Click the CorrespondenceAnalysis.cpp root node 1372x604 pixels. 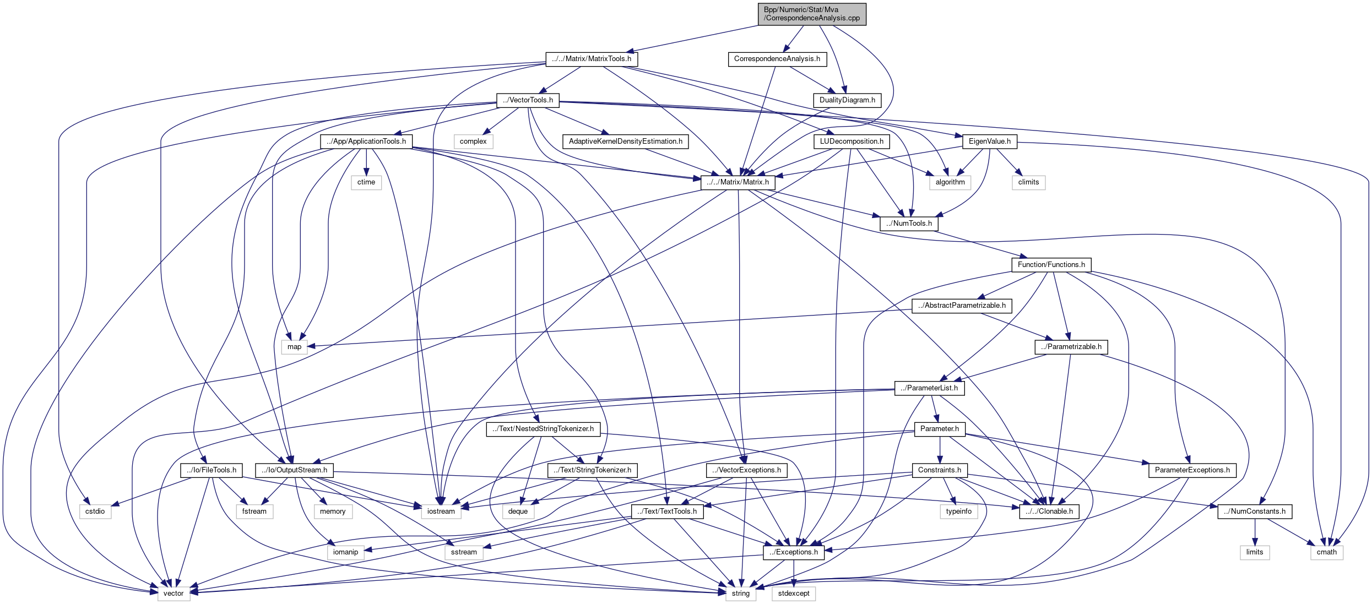pyautogui.click(x=812, y=14)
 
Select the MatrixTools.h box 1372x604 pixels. pyautogui.click(x=592, y=59)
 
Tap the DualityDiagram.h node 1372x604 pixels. pyautogui.click(x=847, y=100)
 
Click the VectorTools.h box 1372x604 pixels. pyautogui.click(x=528, y=100)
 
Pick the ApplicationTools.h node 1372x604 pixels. pyautogui.click(x=366, y=142)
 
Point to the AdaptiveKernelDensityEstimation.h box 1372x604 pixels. pyautogui.click(x=625, y=142)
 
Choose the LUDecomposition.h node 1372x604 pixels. pyautogui.click(x=851, y=142)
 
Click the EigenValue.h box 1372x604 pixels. pyautogui.click(x=989, y=142)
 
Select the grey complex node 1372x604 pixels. pyautogui.click(x=473, y=142)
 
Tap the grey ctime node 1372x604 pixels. pyautogui.click(x=366, y=182)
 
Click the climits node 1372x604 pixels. pyautogui.click(x=1028, y=182)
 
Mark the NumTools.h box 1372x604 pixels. pyautogui.click(x=909, y=224)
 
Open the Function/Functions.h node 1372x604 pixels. pyautogui.click(x=1051, y=265)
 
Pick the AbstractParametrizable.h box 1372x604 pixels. pyautogui.click(x=962, y=306)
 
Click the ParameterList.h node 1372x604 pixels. pyautogui.click(x=929, y=388)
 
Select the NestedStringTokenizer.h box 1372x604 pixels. pyautogui.click(x=543, y=429)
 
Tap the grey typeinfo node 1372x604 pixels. pyautogui.click(x=958, y=512)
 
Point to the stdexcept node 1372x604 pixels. pyautogui.click(x=794, y=594)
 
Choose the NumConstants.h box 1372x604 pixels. pyautogui.click(x=1254, y=512)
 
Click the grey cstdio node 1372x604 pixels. pyautogui.click(x=95, y=512)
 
